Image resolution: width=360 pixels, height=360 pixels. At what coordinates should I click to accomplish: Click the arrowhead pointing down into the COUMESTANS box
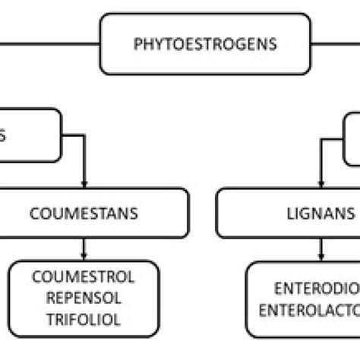(x=84, y=184)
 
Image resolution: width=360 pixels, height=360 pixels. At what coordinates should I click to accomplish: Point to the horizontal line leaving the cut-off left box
(x=72, y=137)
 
